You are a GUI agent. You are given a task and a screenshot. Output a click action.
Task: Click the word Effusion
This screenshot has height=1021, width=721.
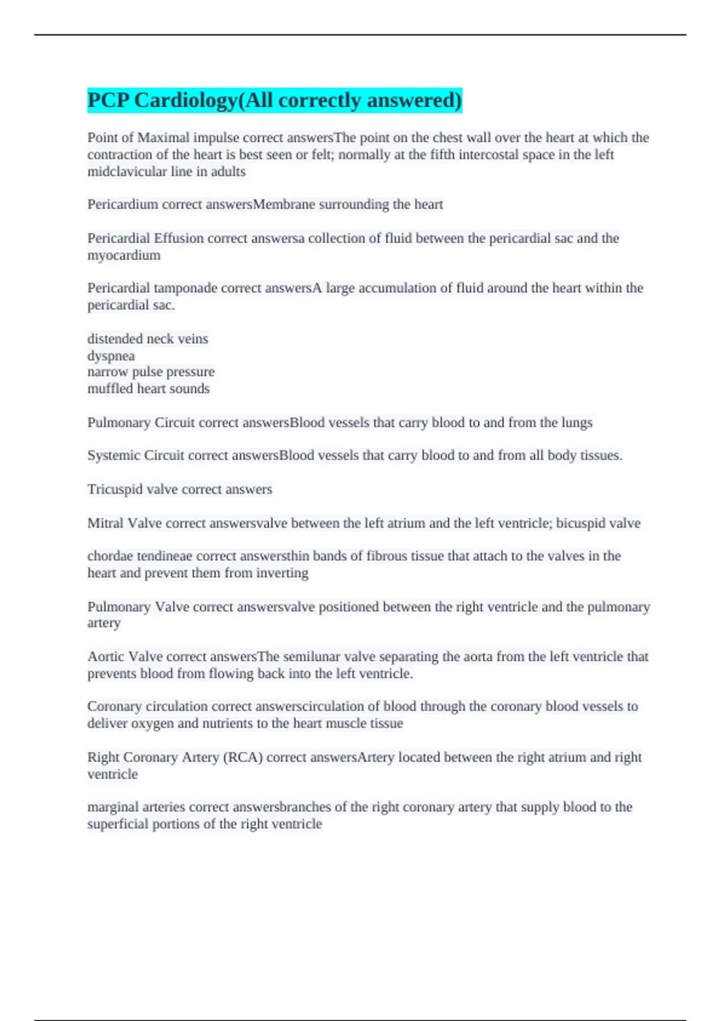click(178, 238)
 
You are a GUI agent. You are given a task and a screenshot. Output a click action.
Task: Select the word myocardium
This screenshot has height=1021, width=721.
click(124, 255)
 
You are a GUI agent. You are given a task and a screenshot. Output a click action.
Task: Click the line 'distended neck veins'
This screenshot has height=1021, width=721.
click(148, 339)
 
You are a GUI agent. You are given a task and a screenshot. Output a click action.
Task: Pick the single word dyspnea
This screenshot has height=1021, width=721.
click(111, 356)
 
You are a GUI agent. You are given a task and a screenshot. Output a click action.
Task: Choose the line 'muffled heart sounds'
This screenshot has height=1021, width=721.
click(148, 389)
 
